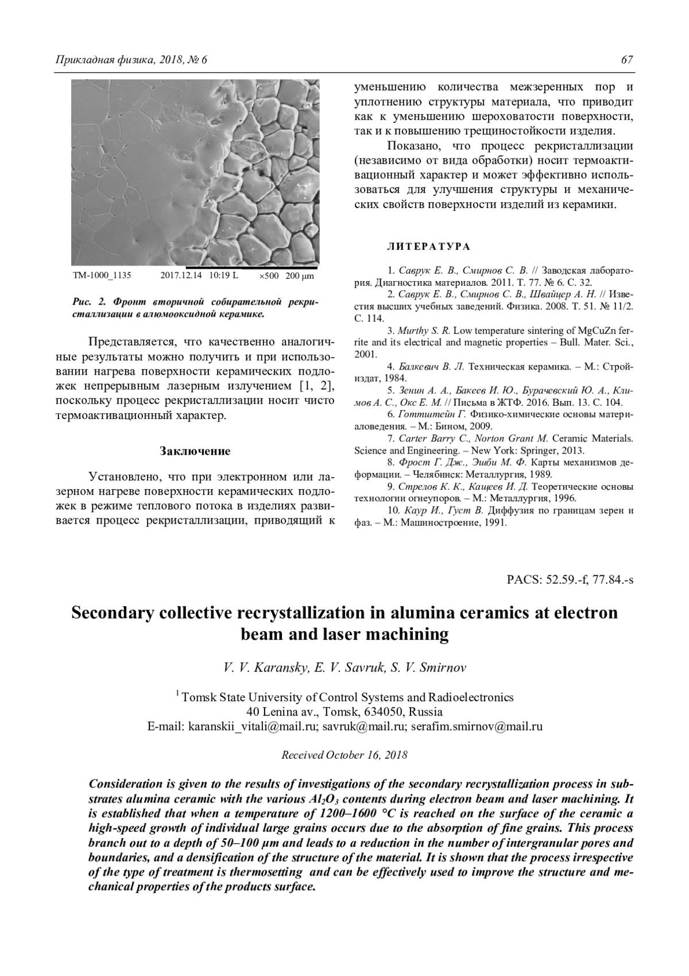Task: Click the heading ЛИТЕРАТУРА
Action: click(428, 247)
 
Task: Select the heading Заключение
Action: click(195, 451)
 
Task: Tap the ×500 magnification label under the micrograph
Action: click(269, 276)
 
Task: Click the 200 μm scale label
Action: click(300, 276)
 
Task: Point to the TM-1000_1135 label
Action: click(102, 276)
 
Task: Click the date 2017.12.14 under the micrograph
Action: click(181, 276)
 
